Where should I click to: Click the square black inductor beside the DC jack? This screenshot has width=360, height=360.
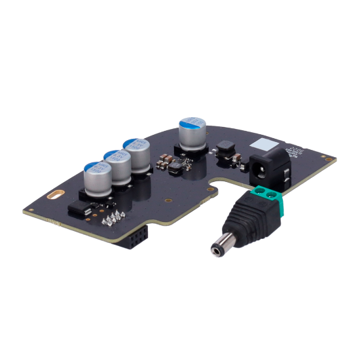pos(226,149)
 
